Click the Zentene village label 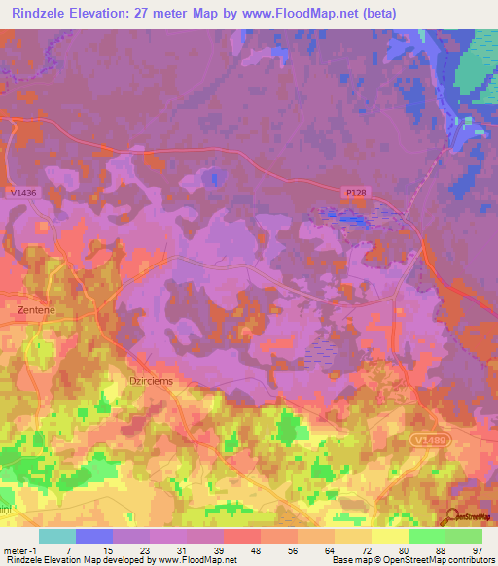(x=35, y=309)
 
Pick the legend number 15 (x=108, y=550)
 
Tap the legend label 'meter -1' (x=20, y=550)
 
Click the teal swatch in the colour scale (x=56, y=536)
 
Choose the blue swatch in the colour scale (x=93, y=536)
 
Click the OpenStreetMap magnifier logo (x=451, y=517)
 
